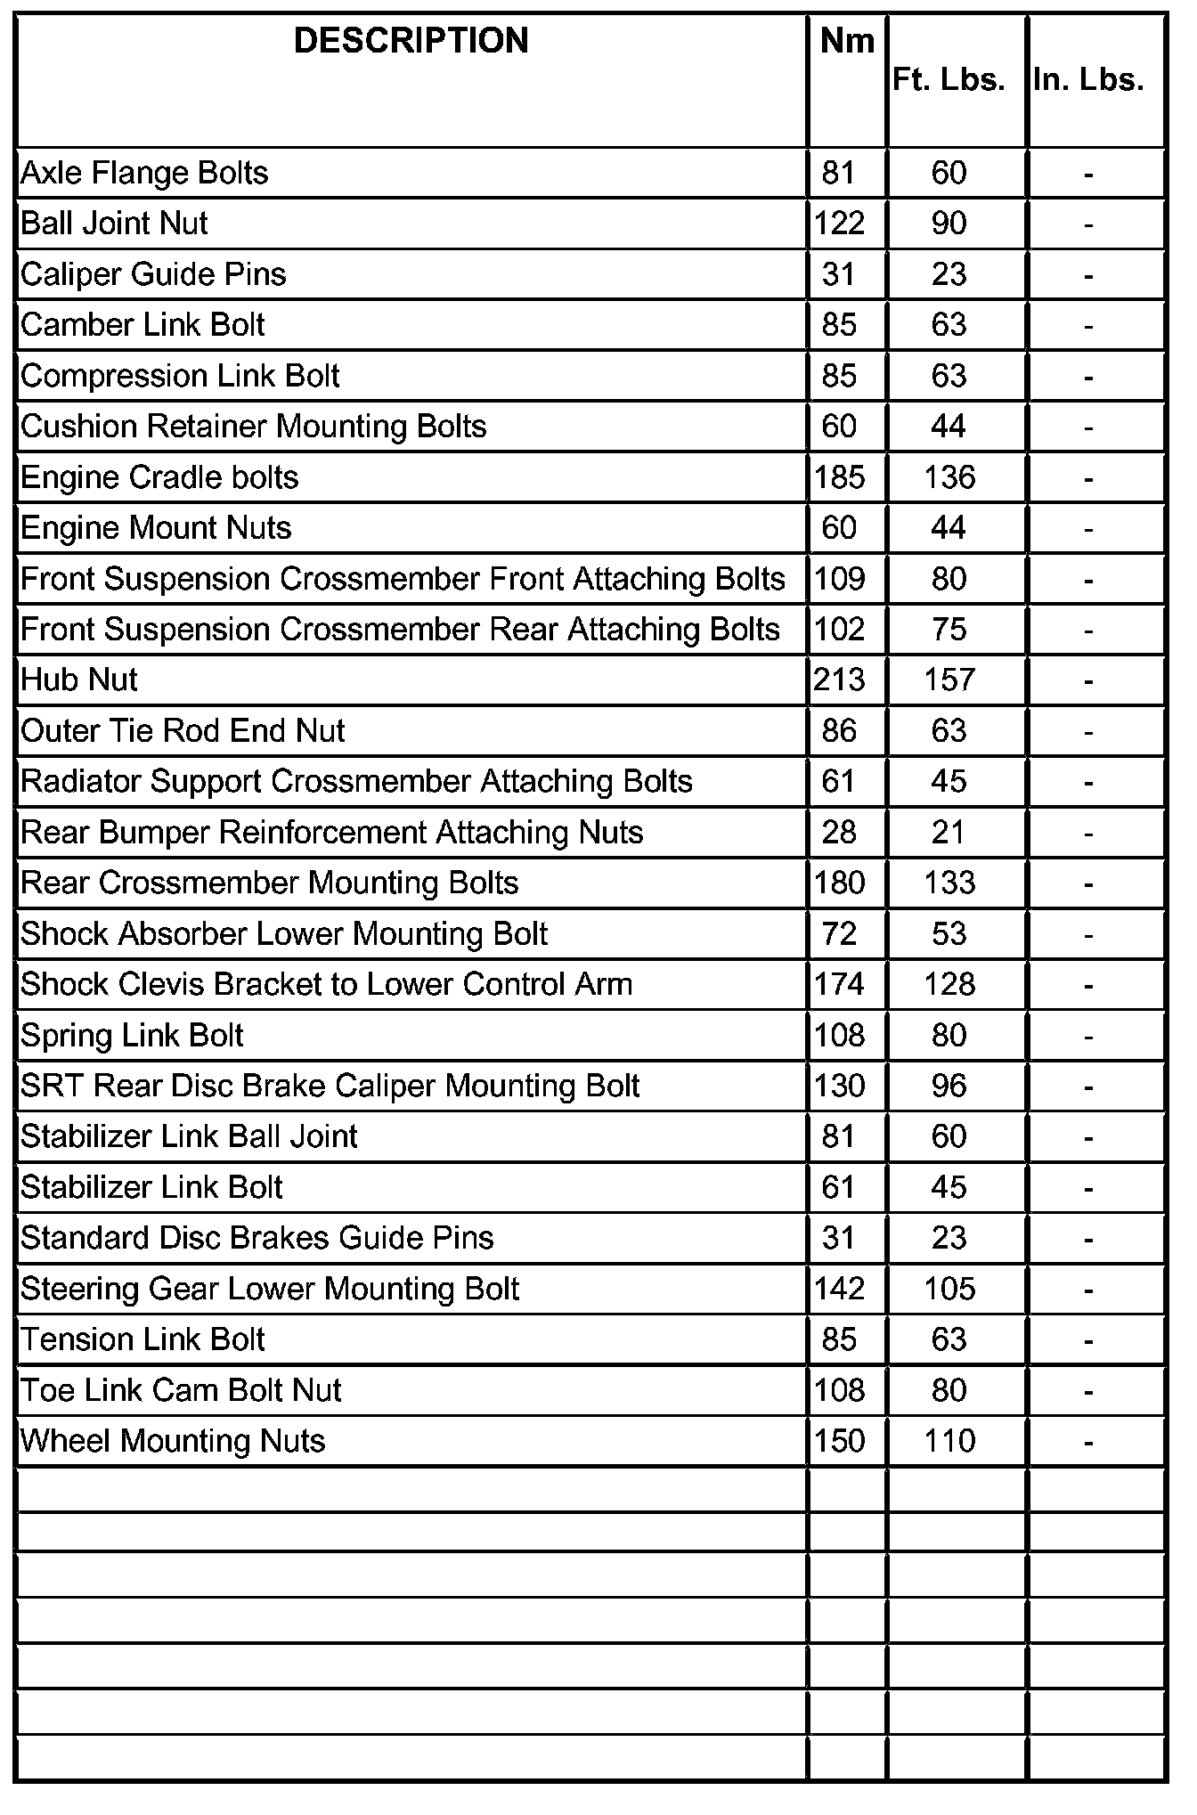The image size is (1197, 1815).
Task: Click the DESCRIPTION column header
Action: [x=411, y=41]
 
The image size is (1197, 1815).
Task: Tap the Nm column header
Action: [x=847, y=41]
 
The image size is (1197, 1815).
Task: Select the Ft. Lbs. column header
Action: [x=949, y=80]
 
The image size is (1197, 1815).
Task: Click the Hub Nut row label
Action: [x=79, y=680]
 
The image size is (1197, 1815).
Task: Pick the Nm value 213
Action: [x=839, y=680]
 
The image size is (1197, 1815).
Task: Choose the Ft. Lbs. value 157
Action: [x=949, y=680]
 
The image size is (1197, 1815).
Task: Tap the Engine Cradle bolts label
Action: [x=159, y=477]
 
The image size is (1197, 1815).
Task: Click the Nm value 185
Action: [x=839, y=477]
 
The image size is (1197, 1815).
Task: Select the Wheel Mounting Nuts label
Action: [x=173, y=1441]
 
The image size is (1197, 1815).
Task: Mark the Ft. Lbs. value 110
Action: [x=949, y=1441]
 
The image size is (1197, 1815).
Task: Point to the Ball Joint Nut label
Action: [x=114, y=224]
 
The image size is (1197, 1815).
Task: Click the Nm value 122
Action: [x=839, y=224]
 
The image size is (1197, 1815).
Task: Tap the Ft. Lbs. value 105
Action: [x=949, y=1289]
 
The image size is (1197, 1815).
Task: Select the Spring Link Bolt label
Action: [x=132, y=1036]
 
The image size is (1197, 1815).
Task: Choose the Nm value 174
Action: [x=839, y=984]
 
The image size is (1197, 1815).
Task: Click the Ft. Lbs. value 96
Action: [x=949, y=1087]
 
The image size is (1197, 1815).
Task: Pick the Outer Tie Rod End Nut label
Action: [x=183, y=731]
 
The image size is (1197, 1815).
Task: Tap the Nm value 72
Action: [x=839, y=933]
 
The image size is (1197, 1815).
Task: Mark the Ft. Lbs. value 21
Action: [x=949, y=833]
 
